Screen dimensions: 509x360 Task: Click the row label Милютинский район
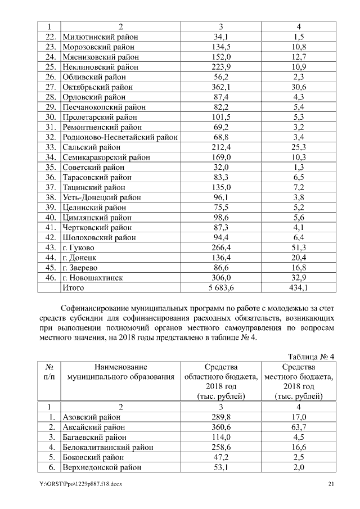click(100, 37)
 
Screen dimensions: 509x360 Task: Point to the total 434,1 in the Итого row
click(299, 288)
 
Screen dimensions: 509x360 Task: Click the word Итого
click(74, 288)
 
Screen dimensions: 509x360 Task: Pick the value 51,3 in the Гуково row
click(299, 247)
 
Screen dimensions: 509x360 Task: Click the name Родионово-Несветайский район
click(120, 137)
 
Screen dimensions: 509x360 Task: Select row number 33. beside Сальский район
click(50, 147)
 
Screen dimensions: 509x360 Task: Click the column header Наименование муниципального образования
click(120, 372)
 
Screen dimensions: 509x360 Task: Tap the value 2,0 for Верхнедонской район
click(299, 467)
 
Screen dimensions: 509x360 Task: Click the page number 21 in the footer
click(331, 485)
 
